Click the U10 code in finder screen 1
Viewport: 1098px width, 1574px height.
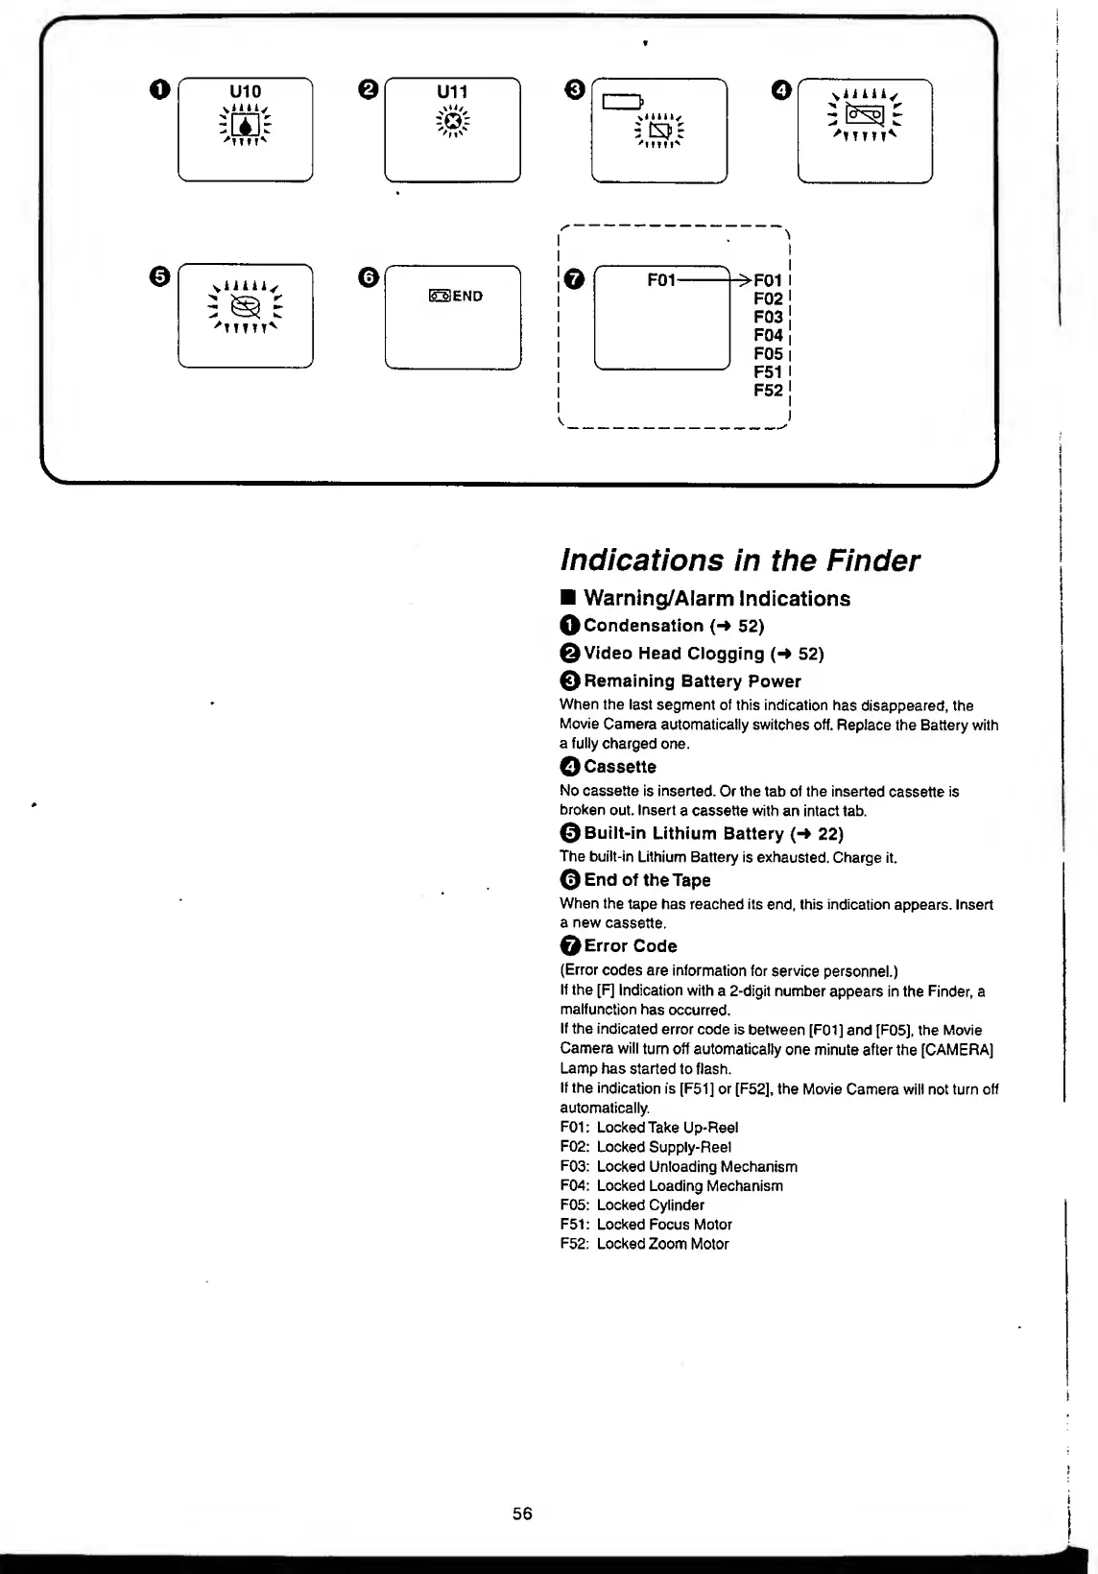[x=246, y=91]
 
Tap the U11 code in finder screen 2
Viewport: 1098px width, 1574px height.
[x=452, y=91]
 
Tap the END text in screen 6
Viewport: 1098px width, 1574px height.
[x=467, y=296]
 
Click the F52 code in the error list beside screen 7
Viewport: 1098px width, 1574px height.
[x=768, y=390]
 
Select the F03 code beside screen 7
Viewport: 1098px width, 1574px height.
[x=768, y=317]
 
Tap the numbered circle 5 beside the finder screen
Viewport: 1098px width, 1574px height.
[x=160, y=276]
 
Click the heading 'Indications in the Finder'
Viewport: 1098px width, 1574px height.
[x=739, y=560]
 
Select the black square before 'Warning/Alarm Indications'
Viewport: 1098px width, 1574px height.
[x=568, y=599]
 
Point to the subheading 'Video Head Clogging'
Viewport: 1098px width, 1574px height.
[x=674, y=654]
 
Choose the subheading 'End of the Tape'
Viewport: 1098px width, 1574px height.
[x=647, y=880]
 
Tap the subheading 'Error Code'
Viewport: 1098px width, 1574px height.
[x=630, y=946]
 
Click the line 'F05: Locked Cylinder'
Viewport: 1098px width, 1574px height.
[x=632, y=1204]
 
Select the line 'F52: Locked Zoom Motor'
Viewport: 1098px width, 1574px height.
[x=644, y=1244]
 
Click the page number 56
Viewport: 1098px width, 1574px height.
[x=522, y=1514]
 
